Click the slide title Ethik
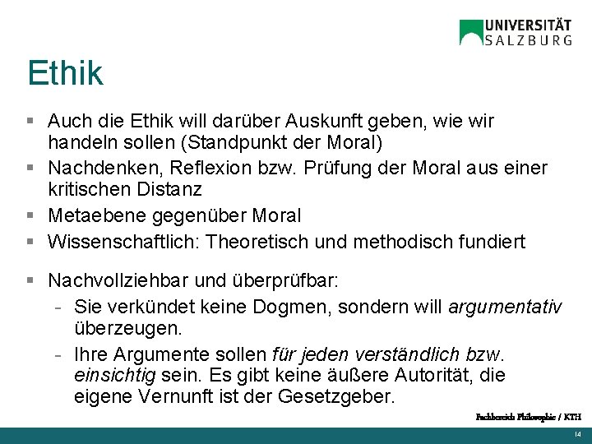tap(65, 73)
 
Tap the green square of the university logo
tap(471, 32)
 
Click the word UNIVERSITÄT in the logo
tap(528, 24)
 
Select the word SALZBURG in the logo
tap(528, 39)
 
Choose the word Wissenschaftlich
tap(123, 242)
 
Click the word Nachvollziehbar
tap(124, 280)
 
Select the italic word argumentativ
tap(505, 307)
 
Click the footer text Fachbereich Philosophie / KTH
tap(528, 418)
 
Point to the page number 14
tap(577, 434)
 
